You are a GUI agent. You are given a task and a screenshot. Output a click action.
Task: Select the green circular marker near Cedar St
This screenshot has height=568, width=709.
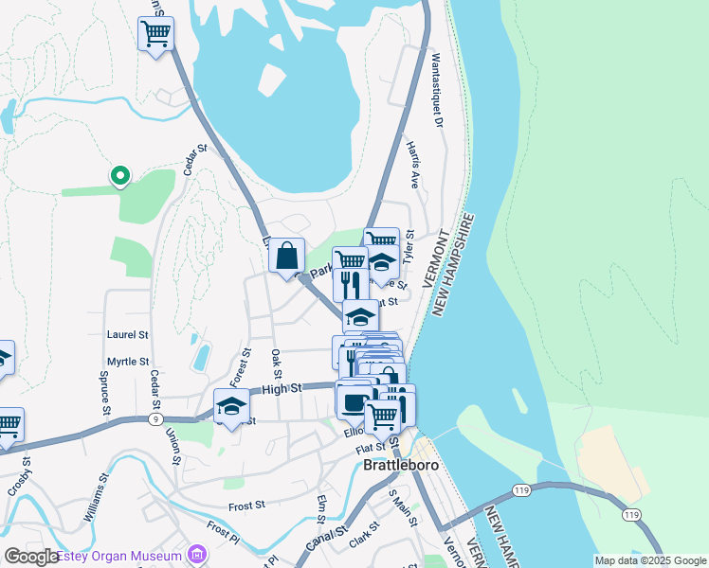point(120,176)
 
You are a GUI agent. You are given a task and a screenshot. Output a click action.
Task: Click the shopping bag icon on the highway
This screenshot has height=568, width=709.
point(287,257)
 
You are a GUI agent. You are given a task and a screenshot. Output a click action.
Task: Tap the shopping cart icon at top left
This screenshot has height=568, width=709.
point(155,35)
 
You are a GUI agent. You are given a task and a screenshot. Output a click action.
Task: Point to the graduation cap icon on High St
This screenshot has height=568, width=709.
point(231,408)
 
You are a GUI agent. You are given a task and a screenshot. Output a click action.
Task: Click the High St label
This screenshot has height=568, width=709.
point(281,388)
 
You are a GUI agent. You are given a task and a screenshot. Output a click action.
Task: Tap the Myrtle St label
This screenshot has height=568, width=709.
point(128,362)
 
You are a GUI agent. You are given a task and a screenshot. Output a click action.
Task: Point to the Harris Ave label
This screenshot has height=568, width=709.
point(412,166)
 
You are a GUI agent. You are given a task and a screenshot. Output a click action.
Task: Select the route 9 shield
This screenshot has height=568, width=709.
point(155,418)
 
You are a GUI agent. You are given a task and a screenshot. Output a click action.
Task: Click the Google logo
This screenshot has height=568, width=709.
point(31,557)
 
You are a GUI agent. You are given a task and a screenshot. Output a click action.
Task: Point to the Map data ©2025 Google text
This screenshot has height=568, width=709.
point(649,560)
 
